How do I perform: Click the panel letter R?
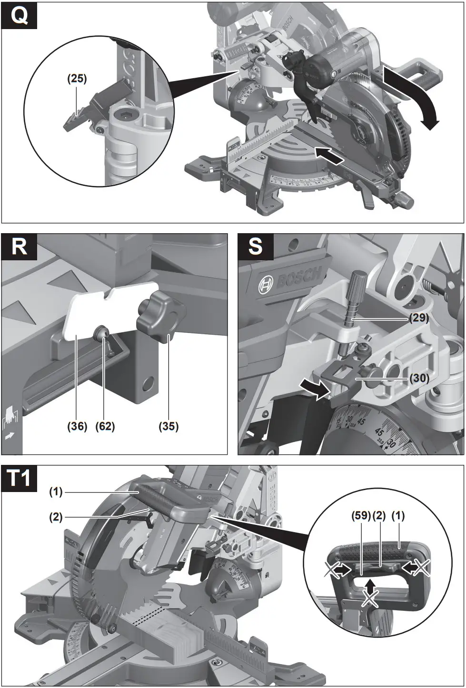click(19, 246)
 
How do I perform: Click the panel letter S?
click(256, 246)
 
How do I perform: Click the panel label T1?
click(20, 478)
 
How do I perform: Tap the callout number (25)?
click(77, 79)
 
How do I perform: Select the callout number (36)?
click(77, 426)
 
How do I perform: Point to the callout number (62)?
click(105, 426)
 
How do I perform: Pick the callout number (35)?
click(169, 426)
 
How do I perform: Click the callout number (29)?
click(419, 318)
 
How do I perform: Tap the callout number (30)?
click(419, 378)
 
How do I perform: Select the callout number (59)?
click(360, 515)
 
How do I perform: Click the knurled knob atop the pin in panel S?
click(358, 279)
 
